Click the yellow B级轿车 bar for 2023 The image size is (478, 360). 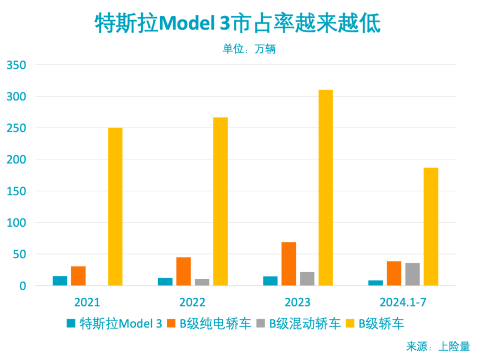click(x=326, y=188)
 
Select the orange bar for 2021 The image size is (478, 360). click(x=78, y=276)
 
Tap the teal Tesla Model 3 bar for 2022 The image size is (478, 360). click(x=165, y=282)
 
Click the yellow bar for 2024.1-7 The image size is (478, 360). click(x=431, y=227)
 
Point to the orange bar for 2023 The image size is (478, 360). click(x=289, y=264)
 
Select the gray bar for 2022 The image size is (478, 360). click(x=202, y=282)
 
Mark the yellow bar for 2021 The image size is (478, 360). click(x=115, y=207)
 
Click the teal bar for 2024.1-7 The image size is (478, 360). click(x=376, y=283)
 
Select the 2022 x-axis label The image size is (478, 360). click(x=192, y=303)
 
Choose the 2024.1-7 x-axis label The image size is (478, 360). click(x=402, y=303)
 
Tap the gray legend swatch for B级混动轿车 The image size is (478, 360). click(x=261, y=324)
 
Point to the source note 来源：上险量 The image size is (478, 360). click(x=438, y=346)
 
